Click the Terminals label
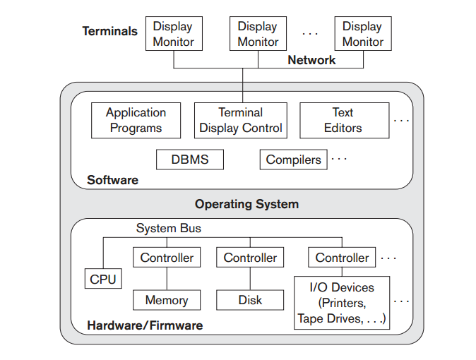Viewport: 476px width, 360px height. (110, 31)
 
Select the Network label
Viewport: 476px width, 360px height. (311, 60)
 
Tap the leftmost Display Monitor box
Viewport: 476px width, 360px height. (173, 34)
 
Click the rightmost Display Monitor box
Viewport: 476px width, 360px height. (362, 34)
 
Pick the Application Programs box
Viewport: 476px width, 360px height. (136, 120)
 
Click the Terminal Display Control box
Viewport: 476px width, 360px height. (241, 120)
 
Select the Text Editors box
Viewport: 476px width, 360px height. (344, 120)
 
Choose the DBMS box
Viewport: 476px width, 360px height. (190, 159)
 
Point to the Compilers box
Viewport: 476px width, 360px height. (293, 160)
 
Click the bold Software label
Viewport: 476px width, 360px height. (113, 180)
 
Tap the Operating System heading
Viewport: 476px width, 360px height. (246, 204)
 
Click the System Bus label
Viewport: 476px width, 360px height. (169, 228)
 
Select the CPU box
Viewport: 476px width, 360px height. (102, 279)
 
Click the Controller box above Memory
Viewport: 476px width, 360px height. (167, 258)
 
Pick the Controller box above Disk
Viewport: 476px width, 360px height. (250, 258)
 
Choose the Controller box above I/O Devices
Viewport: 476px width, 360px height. (342, 258)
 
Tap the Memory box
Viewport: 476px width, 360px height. (167, 300)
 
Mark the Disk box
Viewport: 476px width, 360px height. (250, 300)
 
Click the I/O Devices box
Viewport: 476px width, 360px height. (342, 303)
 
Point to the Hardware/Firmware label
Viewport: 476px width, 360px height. (145, 325)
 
